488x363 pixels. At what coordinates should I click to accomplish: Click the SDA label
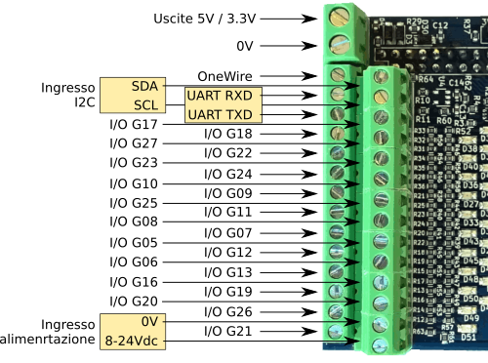click(144, 87)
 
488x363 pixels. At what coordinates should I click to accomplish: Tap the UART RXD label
click(220, 97)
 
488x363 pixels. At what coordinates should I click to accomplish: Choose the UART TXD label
click(220, 115)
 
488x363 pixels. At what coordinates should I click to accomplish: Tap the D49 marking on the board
click(469, 318)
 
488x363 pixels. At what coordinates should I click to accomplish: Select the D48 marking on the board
click(469, 279)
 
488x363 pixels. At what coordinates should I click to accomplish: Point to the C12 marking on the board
click(440, 52)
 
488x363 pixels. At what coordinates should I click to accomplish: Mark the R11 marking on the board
click(423, 117)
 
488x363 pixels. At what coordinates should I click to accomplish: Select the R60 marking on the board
click(444, 117)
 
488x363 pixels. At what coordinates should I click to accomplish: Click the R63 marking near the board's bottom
click(423, 331)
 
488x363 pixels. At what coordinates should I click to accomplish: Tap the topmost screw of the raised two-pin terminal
click(341, 17)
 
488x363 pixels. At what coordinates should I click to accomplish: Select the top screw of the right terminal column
click(383, 76)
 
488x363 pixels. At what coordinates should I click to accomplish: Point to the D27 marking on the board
click(469, 204)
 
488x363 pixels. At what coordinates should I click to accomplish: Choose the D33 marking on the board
click(469, 222)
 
